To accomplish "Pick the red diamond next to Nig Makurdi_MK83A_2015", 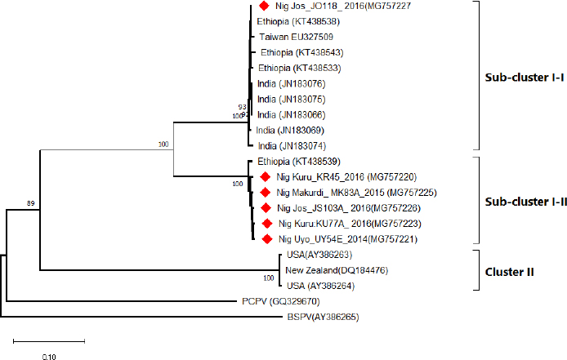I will click(265, 193).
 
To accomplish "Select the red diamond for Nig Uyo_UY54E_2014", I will click(266, 239).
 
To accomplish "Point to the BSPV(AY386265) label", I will click(321, 317).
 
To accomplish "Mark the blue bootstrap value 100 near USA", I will click(267, 278).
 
